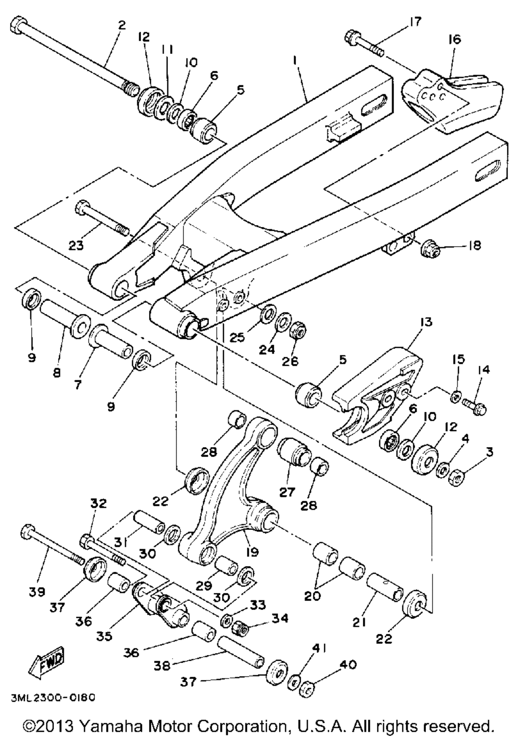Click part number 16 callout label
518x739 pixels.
pos(455,40)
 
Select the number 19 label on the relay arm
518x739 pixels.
pos(252,552)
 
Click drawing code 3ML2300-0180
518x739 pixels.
pos(52,698)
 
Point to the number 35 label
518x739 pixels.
pos(105,636)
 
